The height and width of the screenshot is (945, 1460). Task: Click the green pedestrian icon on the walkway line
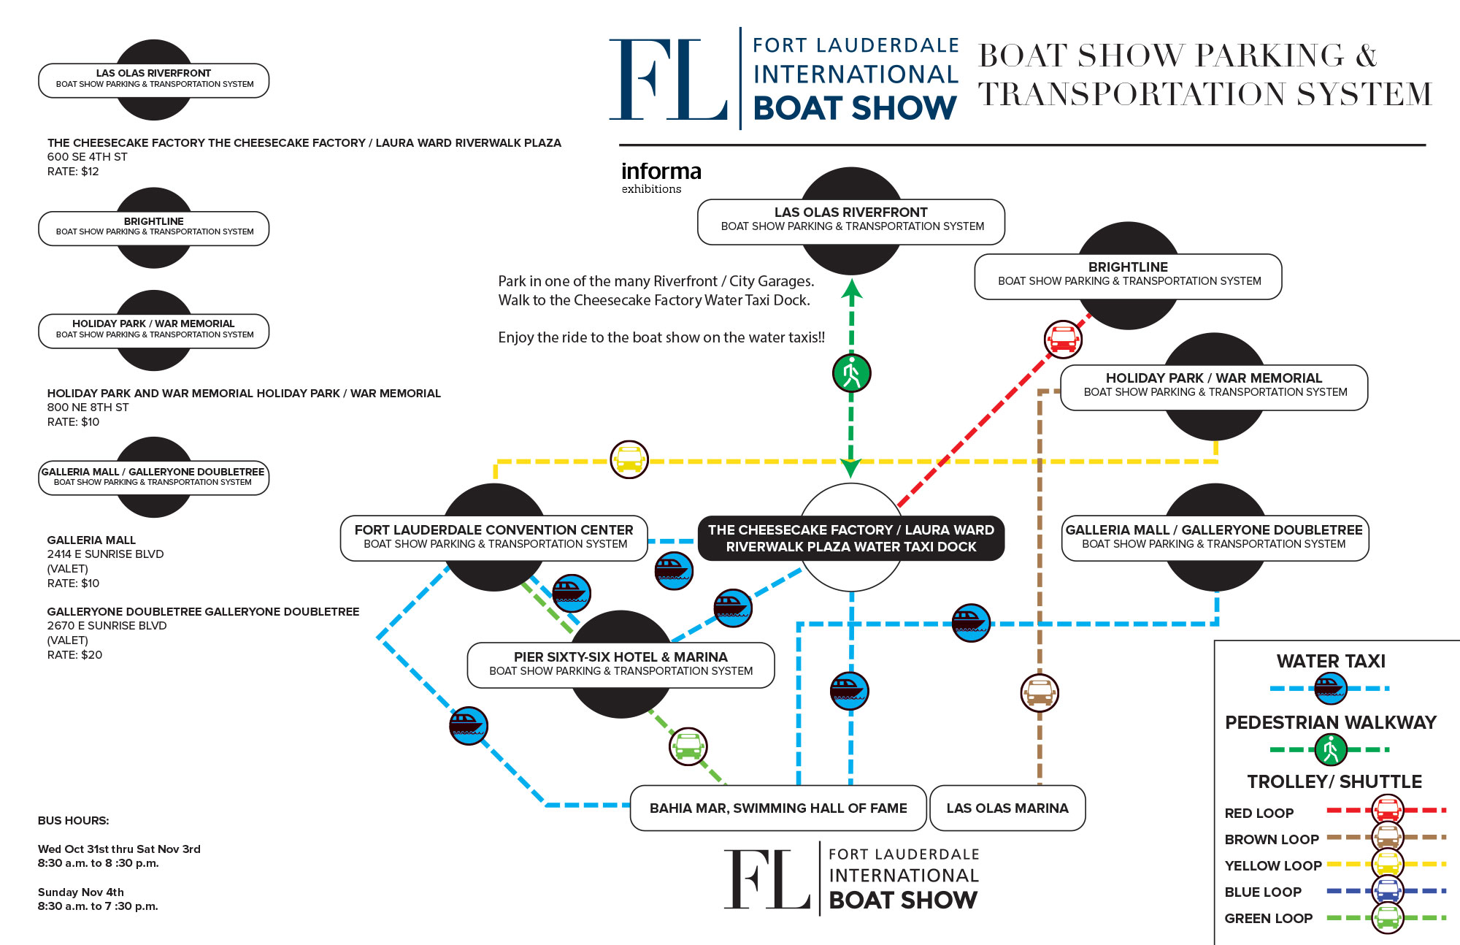[x=851, y=373]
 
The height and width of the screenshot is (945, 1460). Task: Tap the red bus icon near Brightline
[x=1063, y=340]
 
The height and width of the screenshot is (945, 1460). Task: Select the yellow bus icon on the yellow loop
[x=629, y=459]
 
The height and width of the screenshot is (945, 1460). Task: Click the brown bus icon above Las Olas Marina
[x=1040, y=692]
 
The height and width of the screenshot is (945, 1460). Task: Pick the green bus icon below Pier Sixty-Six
[x=688, y=746]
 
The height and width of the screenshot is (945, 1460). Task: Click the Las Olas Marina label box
[x=1007, y=808]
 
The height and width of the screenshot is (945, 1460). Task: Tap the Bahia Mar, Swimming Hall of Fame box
[x=778, y=808]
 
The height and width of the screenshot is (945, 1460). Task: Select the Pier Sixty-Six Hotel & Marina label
[x=620, y=664]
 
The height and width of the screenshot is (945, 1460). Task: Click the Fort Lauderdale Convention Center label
[x=494, y=537]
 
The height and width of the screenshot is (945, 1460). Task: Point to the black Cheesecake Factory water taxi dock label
[x=851, y=538]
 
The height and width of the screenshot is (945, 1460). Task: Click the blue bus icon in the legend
[x=1387, y=891]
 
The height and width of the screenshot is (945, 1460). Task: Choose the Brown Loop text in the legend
[x=1272, y=839]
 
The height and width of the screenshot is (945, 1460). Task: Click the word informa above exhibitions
[x=661, y=171]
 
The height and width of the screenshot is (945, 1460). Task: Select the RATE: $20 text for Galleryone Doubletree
[x=74, y=654]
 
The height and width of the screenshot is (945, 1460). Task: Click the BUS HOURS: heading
[x=73, y=820]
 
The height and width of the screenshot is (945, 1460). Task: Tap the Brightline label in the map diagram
[x=1128, y=274]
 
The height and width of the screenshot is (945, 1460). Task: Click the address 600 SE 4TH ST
[x=87, y=156]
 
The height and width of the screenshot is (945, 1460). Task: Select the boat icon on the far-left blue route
[x=468, y=725]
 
